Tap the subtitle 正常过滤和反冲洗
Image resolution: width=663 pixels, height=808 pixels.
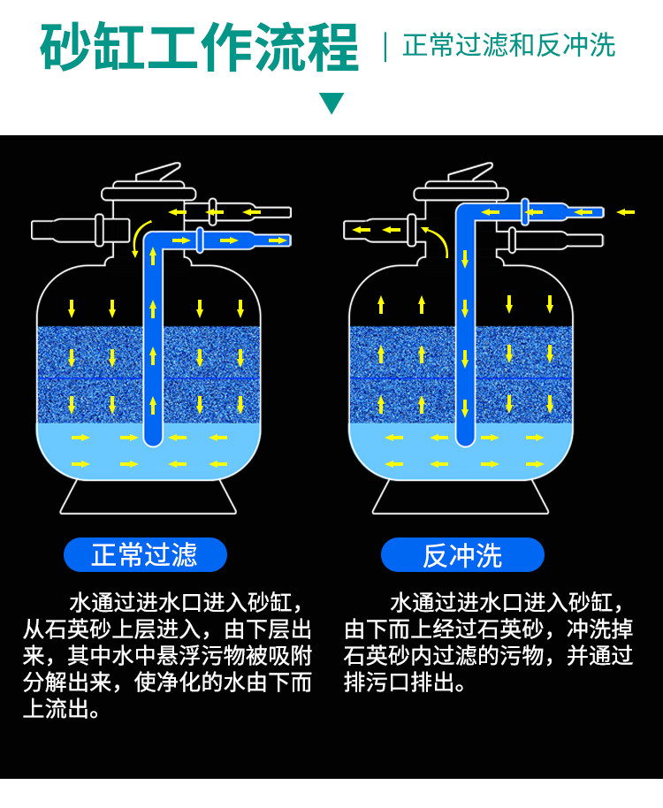point(508,45)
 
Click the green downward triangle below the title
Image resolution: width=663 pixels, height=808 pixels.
point(331,103)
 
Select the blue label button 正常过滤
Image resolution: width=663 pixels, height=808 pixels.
point(145,554)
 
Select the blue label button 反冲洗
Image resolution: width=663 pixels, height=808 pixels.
point(461,554)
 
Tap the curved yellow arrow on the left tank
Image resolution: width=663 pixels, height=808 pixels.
point(136,236)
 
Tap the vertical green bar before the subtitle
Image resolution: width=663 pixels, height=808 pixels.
point(385,46)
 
